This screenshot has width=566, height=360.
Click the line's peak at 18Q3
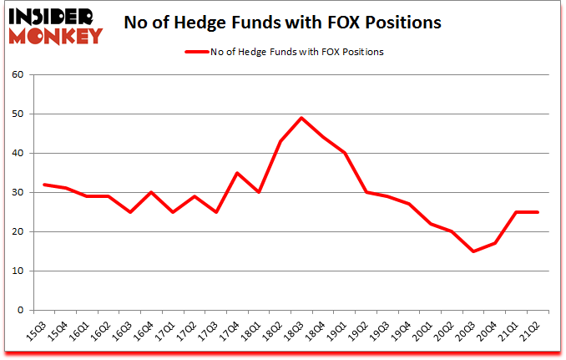tap(302, 118)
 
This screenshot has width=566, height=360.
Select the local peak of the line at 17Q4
tap(237, 173)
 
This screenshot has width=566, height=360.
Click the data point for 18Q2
tap(280, 141)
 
